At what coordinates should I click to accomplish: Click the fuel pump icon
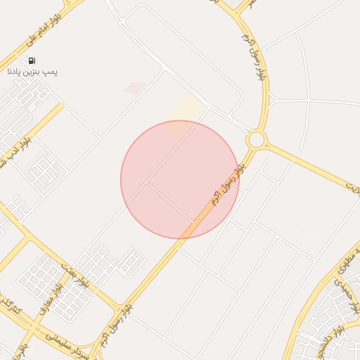click(32, 61)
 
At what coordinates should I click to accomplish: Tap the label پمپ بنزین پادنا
click(32, 71)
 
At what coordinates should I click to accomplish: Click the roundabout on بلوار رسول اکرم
click(255, 139)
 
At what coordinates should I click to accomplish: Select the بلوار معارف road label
click(58, 294)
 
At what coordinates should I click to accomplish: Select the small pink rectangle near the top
click(135, 89)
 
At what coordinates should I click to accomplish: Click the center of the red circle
click(180, 180)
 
